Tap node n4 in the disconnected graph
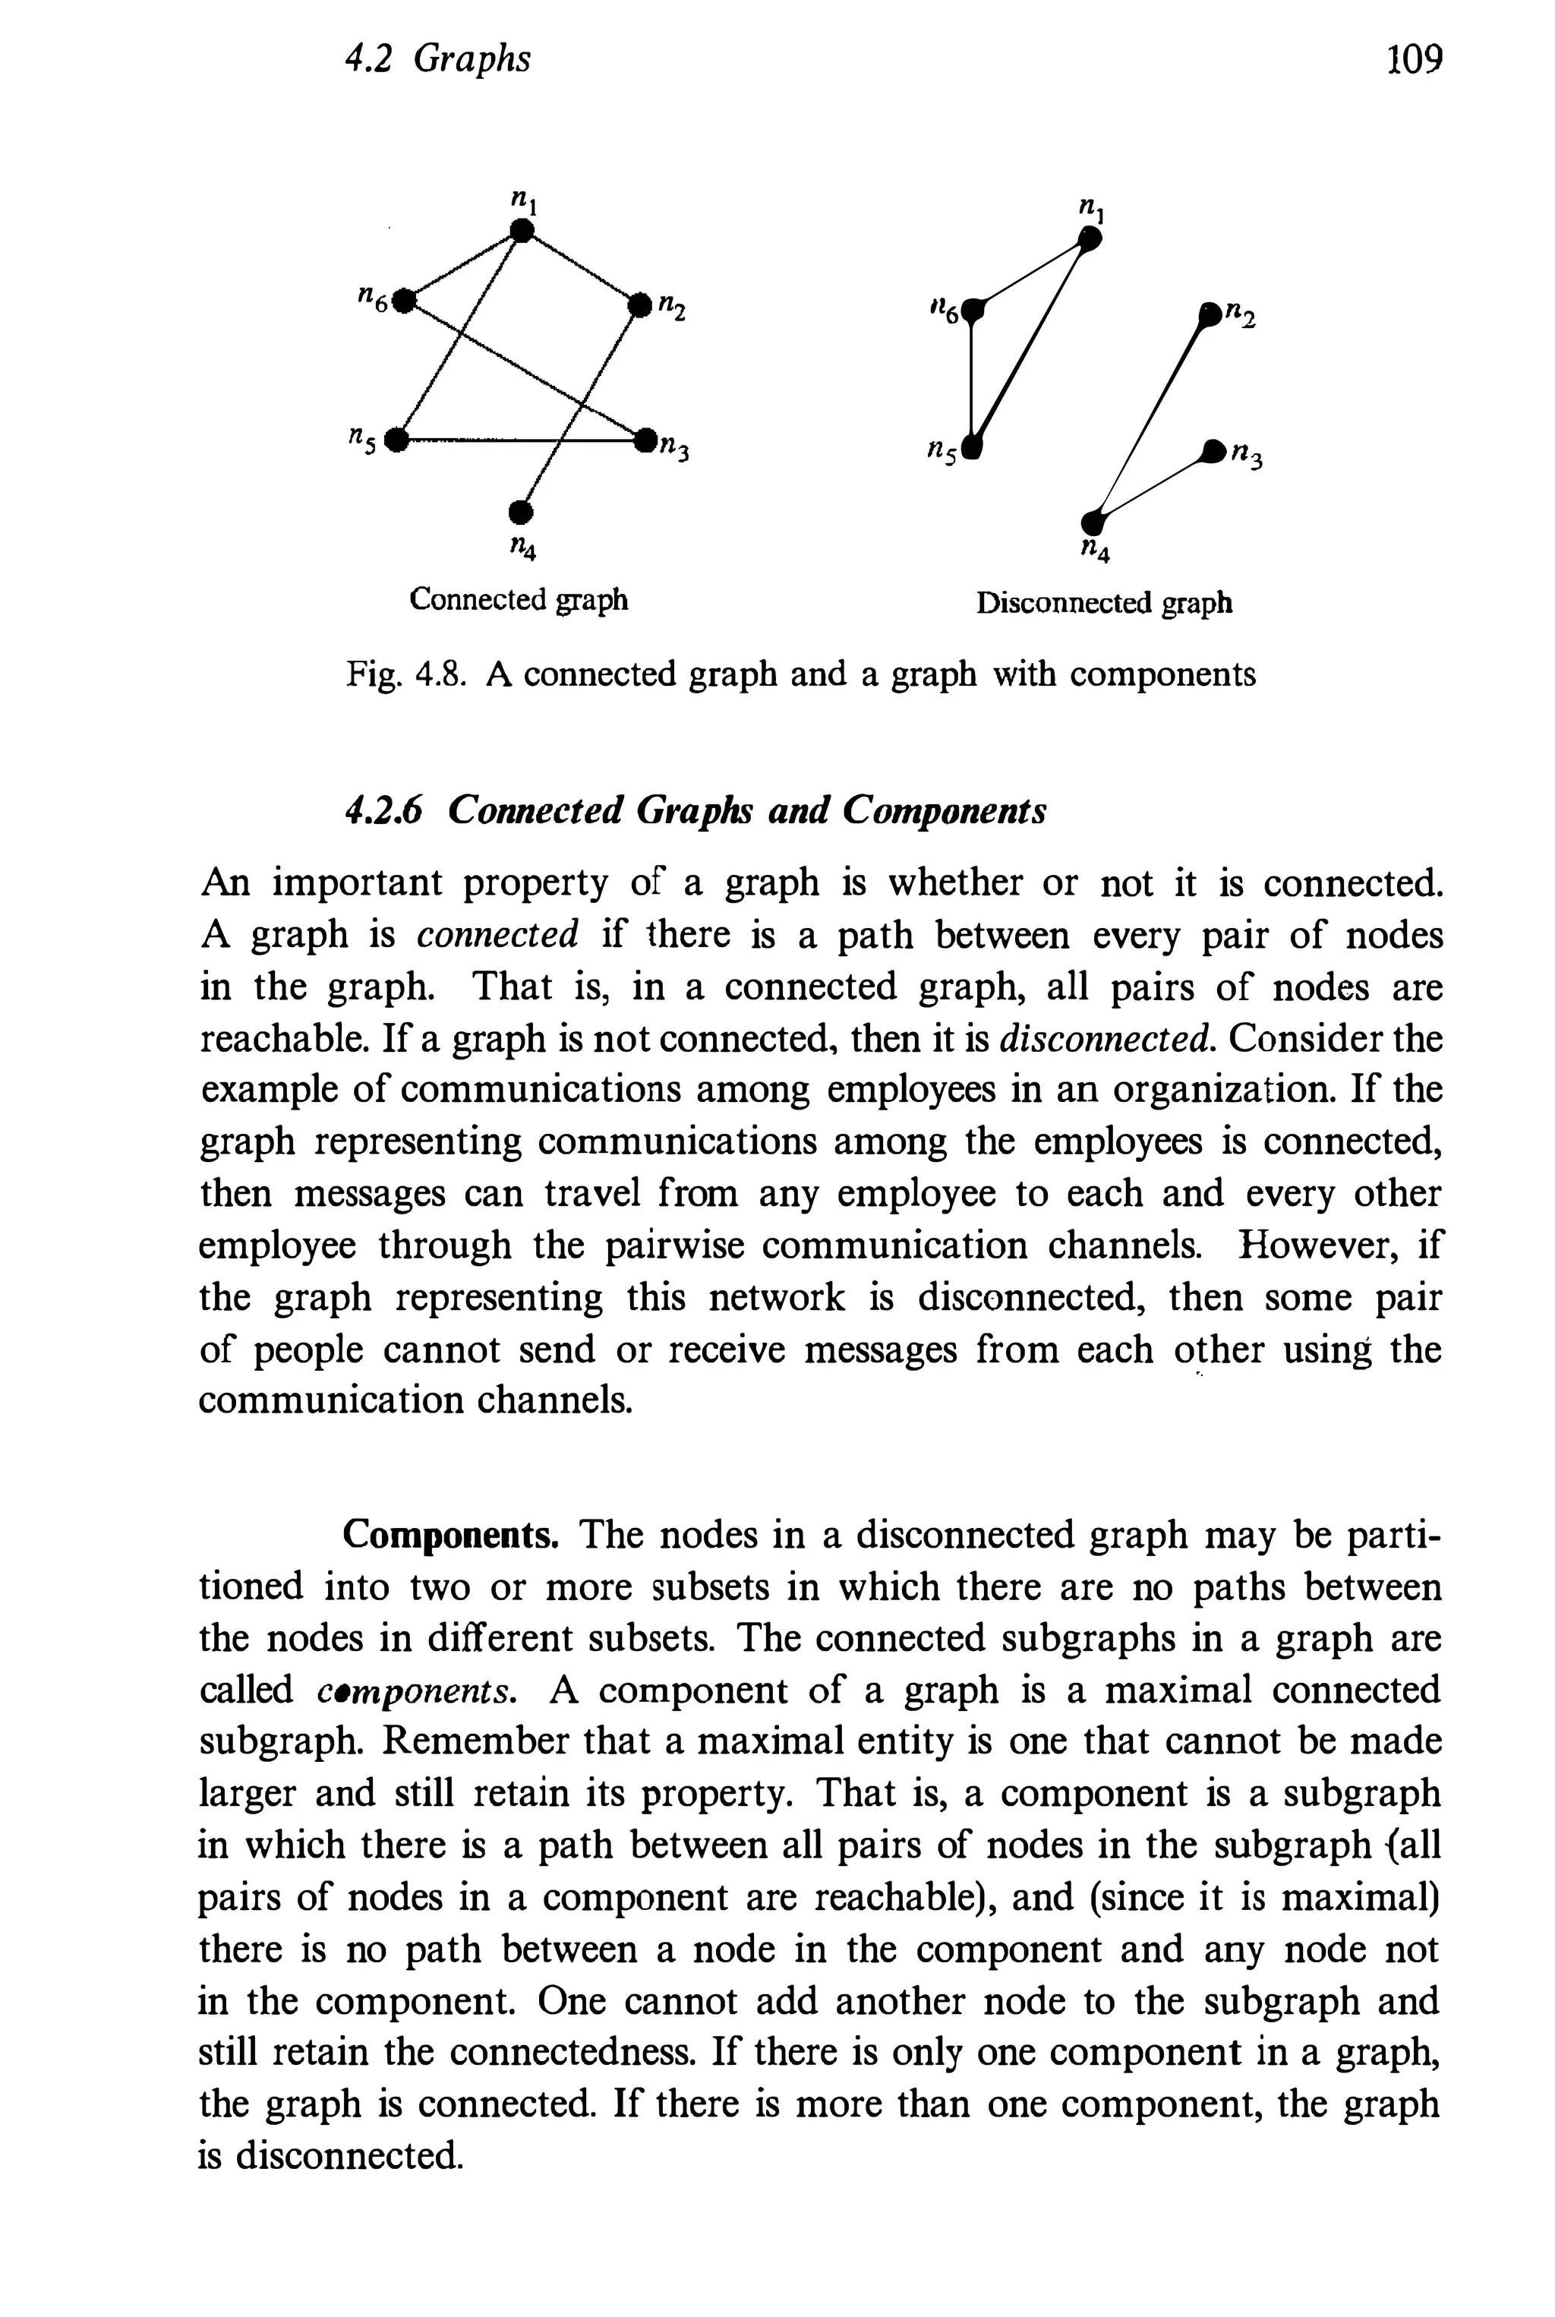tap(1092, 521)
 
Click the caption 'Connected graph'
tap(519, 600)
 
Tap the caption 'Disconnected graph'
tap(1104, 603)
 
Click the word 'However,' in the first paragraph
tap(1308, 1245)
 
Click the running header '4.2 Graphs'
tap(437, 59)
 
